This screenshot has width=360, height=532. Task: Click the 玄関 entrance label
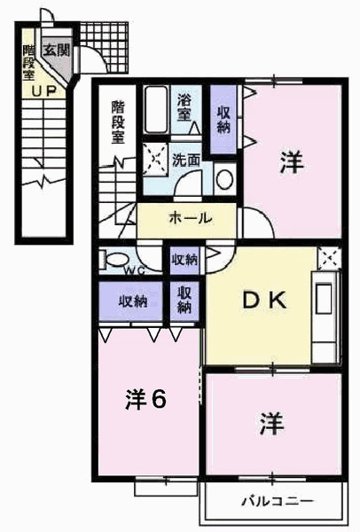coord(57,51)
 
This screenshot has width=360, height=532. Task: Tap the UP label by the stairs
coord(43,91)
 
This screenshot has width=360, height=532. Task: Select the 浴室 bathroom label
coord(184,107)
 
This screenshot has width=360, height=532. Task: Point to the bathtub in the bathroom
coord(156,109)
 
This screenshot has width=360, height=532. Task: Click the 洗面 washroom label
coord(186,160)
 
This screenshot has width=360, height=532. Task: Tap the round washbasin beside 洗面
coord(224,179)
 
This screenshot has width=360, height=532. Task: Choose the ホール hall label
coord(190,218)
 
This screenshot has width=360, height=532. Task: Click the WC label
coord(135,270)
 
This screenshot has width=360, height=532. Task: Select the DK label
coord(264,300)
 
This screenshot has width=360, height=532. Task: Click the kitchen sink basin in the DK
coord(324,299)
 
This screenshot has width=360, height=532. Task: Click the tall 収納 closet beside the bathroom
coord(223,120)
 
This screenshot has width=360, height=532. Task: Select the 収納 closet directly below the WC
coord(130,301)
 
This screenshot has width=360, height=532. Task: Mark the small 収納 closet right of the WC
coord(184,261)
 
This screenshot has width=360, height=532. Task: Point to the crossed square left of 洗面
coord(155,159)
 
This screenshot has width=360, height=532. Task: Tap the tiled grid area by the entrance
coord(105,47)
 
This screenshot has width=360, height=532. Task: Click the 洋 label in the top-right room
coord(292,162)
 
